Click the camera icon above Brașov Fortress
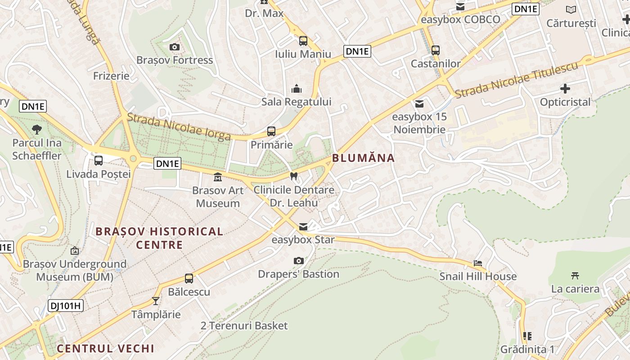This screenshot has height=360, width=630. [x=175, y=47]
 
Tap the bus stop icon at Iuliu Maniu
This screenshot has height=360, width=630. [x=303, y=41]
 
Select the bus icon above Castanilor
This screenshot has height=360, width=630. [x=435, y=50]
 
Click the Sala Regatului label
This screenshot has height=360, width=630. [x=296, y=102]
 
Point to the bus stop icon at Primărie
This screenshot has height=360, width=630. [x=271, y=131]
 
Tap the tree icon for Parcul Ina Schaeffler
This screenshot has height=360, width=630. [x=37, y=130]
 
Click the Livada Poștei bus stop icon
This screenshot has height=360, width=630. [x=99, y=160]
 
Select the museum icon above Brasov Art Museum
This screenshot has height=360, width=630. [x=218, y=177]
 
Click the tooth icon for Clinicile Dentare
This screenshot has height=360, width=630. [x=294, y=176]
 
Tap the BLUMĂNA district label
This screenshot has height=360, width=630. [x=363, y=158]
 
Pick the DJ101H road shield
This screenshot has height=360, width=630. [x=66, y=306]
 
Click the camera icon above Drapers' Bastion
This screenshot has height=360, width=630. [x=298, y=261]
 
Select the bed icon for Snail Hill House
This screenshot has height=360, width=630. [x=478, y=263]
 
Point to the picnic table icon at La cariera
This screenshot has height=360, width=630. [x=575, y=275]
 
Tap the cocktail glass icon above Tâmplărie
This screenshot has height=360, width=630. [x=156, y=301]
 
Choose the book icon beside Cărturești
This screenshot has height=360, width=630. [x=571, y=9]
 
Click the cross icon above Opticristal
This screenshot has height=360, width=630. [x=565, y=89]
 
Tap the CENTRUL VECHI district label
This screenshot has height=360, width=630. [x=105, y=348]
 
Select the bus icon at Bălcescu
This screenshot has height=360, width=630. [x=189, y=279]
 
